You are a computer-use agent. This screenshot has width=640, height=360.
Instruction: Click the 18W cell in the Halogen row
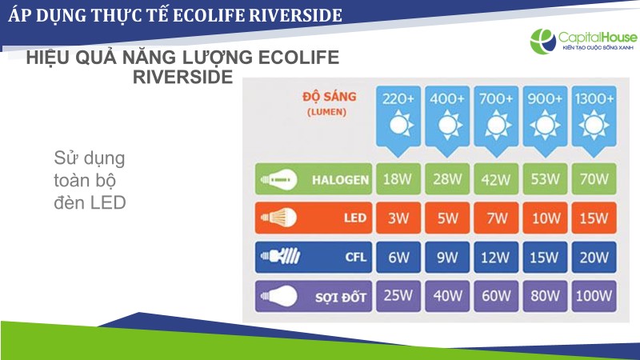tap(398, 178)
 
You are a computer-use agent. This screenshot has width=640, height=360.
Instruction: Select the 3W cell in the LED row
tap(398, 218)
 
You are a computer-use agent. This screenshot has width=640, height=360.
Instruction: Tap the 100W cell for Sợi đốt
tap(594, 296)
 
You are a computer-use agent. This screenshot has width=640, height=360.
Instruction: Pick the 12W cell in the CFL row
tap(496, 257)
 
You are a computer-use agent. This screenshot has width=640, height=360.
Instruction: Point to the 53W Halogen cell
tap(545, 178)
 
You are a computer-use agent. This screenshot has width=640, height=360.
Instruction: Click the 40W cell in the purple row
tap(447, 296)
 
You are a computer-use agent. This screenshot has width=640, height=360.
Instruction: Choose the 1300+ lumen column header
tap(594, 121)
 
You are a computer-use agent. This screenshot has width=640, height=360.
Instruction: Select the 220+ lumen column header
tap(398, 121)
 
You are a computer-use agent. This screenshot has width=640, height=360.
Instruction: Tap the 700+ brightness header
tap(496, 121)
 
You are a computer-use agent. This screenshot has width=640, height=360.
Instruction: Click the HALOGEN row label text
tap(341, 179)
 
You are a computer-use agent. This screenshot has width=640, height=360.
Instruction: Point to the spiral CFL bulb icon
tap(281, 256)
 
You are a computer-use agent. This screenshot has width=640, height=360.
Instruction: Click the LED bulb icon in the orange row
tap(278, 218)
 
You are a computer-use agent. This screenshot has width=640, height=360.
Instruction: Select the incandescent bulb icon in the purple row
tap(278, 296)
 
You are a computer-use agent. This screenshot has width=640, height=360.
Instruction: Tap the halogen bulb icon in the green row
tap(278, 178)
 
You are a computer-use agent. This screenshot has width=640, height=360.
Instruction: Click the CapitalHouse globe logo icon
tap(543, 41)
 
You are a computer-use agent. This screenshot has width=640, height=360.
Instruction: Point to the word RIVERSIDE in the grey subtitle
tap(183, 77)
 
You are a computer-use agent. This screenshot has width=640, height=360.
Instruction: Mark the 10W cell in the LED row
tap(545, 218)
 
